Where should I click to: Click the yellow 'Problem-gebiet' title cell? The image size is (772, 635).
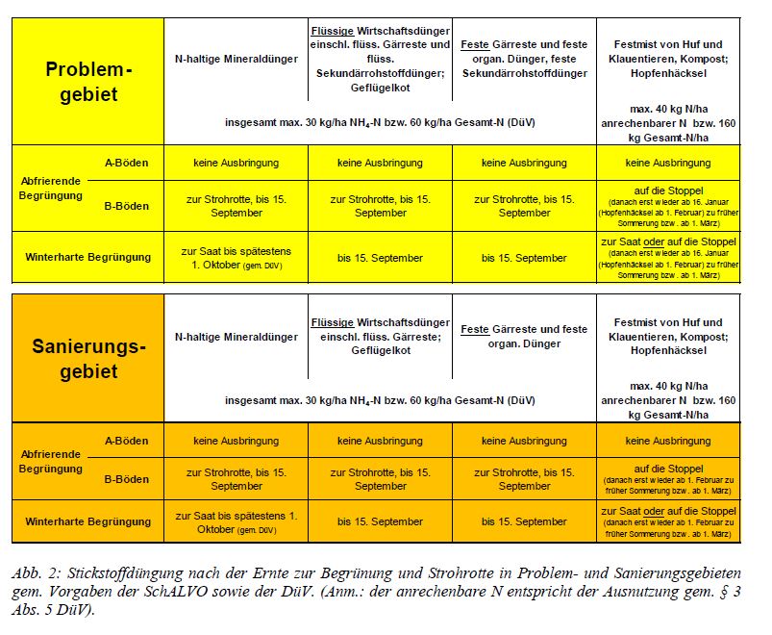click(x=87, y=82)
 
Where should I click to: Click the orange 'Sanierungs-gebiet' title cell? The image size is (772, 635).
click(x=87, y=359)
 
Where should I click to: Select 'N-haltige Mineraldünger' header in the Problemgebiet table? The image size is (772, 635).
click(x=236, y=59)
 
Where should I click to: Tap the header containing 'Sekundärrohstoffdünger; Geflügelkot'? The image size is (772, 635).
click(x=381, y=59)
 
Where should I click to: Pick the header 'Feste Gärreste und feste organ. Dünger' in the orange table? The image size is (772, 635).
click(x=524, y=337)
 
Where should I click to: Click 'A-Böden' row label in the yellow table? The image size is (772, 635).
click(x=126, y=163)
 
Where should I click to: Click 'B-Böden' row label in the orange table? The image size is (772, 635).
click(x=126, y=479)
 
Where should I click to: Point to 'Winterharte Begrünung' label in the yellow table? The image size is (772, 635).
click(x=87, y=257)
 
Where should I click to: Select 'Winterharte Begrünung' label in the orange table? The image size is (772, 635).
click(x=87, y=521)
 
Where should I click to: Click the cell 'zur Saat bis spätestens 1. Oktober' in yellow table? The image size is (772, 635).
click(x=236, y=257)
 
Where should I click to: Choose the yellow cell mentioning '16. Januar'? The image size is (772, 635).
click(x=668, y=205)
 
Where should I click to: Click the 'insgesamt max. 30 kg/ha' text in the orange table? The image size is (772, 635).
click(x=380, y=399)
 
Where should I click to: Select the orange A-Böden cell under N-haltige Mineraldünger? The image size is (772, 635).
click(x=236, y=441)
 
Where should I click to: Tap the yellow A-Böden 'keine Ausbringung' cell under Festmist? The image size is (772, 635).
click(x=668, y=163)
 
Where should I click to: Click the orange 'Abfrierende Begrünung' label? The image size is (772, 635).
click(x=53, y=462)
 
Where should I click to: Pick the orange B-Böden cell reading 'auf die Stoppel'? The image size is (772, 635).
click(x=668, y=479)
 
